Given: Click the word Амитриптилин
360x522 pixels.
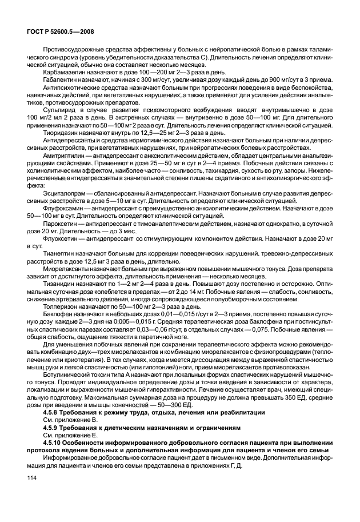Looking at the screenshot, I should (65, 155).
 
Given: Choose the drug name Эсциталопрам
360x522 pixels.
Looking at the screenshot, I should (65, 193).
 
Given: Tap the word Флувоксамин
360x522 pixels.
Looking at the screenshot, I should (63, 209).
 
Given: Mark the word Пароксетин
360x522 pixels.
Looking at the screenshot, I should (62, 225).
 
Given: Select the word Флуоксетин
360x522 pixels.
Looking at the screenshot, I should (61, 240).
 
